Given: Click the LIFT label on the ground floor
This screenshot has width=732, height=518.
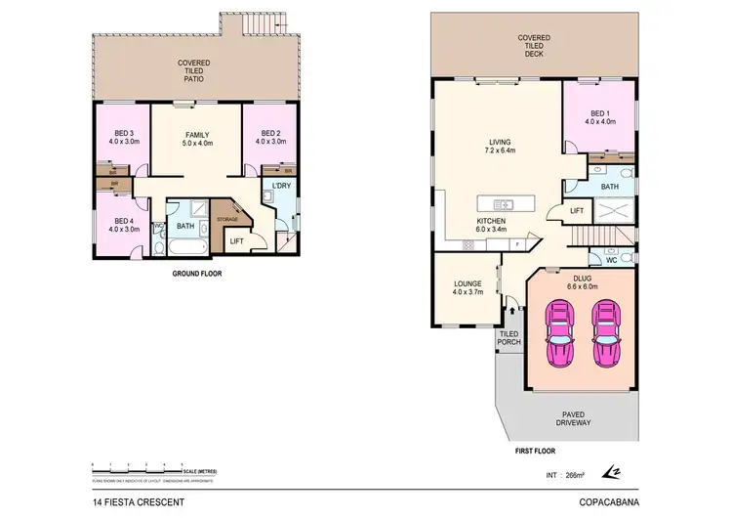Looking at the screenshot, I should pos(237,241).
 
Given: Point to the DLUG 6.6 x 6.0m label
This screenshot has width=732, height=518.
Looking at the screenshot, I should pos(584,281).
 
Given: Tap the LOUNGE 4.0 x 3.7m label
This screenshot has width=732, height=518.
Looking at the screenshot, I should pos(463,287).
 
